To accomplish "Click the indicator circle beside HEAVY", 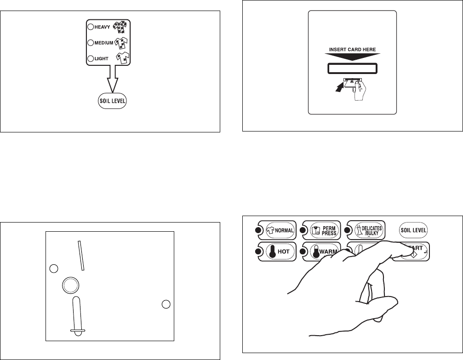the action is tap(91, 27).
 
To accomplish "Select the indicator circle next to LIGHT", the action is tap(91, 58).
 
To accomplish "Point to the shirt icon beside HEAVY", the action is tap(120, 28).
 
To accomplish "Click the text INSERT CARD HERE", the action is tap(353, 49).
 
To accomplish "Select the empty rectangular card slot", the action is tap(353, 69).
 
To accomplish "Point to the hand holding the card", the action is tap(357, 92).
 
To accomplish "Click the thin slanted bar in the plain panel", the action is tap(81, 255).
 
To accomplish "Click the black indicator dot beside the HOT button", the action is tap(257, 251).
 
